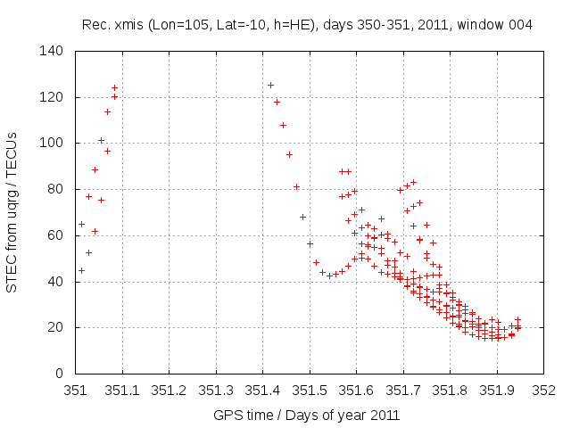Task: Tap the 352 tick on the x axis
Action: tap(543, 390)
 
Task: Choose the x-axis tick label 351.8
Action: tap(450, 390)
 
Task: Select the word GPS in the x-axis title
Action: tap(227, 415)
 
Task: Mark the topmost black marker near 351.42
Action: tap(270, 85)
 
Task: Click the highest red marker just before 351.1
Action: tap(114, 87)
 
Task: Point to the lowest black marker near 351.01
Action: tap(81, 270)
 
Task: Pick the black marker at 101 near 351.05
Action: tap(101, 140)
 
